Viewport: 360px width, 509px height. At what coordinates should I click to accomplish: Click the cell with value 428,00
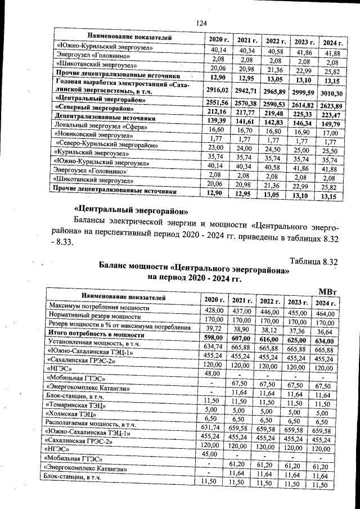[214, 310]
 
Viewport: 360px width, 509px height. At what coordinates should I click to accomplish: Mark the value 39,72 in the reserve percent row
[214, 327]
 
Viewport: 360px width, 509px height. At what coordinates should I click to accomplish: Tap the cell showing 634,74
[214, 346]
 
